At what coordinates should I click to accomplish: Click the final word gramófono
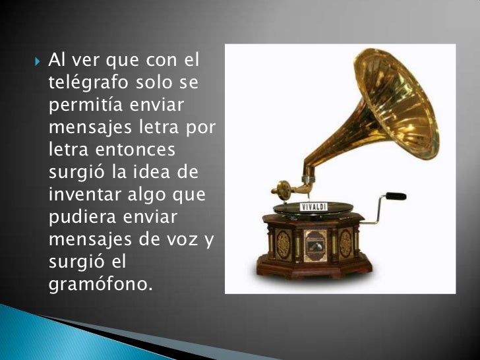pyautogui.click(x=100, y=285)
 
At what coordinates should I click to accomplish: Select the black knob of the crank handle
pyautogui.click(x=396, y=196)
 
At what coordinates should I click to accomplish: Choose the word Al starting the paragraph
pyautogui.click(x=57, y=62)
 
